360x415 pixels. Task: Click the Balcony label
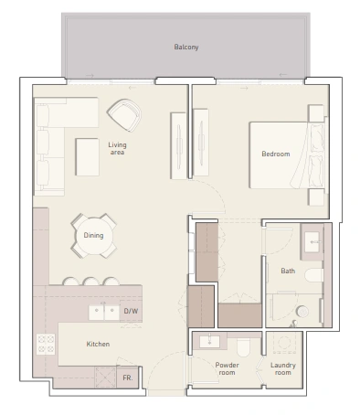[x=186, y=47]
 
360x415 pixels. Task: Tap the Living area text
[x=117, y=148]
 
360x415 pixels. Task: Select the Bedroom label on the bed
[x=276, y=154]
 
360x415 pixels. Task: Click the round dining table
[x=94, y=236]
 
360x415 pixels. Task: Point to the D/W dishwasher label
[x=131, y=311]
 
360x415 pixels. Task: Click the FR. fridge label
[x=128, y=378]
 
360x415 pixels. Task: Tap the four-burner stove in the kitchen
[x=46, y=344]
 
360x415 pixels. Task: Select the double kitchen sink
[x=104, y=313]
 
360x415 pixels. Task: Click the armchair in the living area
[x=124, y=115]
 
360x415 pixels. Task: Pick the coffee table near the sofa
[x=87, y=157]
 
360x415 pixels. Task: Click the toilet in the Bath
[x=313, y=275]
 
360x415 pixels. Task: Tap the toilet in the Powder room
[x=243, y=347]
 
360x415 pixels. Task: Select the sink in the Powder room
[x=209, y=342]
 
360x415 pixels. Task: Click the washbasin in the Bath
[x=312, y=242]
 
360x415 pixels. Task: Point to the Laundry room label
[x=283, y=368]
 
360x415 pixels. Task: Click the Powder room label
[x=227, y=368]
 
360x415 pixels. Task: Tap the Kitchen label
[x=98, y=344]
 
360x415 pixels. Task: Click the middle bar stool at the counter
[x=90, y=281]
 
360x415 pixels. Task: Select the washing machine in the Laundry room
[x=284, y=343]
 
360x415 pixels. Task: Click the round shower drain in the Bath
[x=302, y=312]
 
